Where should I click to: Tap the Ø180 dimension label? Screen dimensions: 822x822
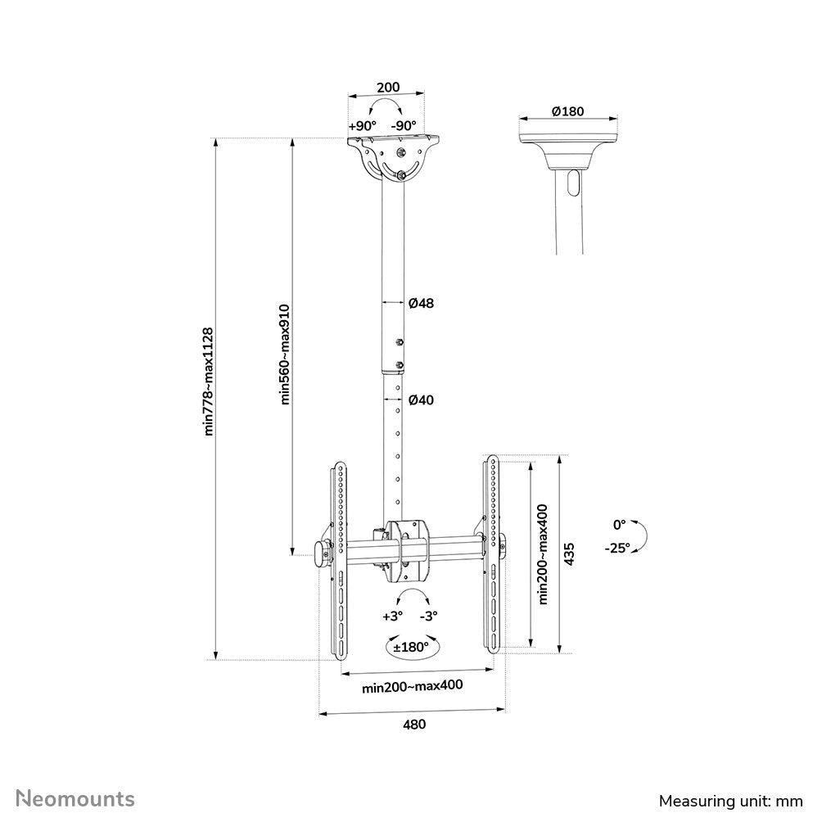coord(567,111)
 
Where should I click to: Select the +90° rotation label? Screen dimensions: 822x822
coord(362,126)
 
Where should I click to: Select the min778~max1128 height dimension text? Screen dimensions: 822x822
coord(209,382)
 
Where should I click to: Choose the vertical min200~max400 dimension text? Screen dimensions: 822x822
coord(542,554)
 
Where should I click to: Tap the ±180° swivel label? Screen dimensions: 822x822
coord(410,647)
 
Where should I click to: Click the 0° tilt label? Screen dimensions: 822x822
coord(619,524)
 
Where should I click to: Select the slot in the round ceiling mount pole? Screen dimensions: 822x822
coord(571,182)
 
